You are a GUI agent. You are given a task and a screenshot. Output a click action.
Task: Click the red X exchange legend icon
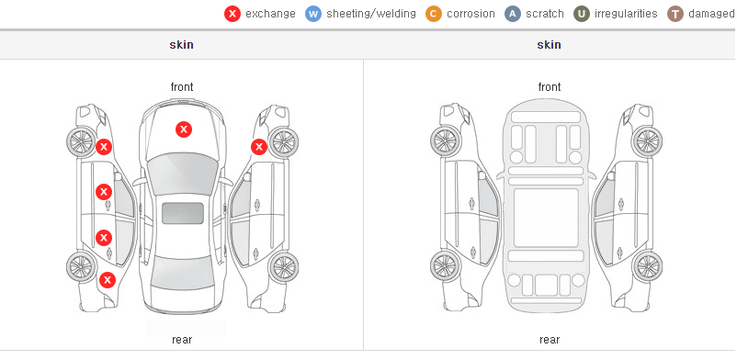232,14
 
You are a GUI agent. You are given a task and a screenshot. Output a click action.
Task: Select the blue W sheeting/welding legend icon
313,14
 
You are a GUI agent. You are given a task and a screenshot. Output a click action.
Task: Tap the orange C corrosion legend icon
434,14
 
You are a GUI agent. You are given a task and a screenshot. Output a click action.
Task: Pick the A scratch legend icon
513,14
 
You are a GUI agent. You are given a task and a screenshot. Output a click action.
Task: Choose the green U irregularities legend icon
582,14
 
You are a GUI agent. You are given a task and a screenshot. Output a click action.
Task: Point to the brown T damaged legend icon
675,14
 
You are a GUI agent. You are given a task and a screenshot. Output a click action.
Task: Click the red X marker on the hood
184,129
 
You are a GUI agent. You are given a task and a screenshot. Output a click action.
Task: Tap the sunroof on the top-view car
183,213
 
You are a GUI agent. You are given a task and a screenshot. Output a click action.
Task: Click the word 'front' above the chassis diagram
550,87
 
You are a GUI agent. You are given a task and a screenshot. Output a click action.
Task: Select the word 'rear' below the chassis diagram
550,340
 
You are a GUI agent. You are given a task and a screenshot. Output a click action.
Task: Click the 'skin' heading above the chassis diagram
549,45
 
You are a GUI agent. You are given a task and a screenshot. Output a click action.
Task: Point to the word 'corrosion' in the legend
471,14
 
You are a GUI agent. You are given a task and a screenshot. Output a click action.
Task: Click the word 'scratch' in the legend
545,14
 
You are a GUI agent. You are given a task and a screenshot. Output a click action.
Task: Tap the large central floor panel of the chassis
546,218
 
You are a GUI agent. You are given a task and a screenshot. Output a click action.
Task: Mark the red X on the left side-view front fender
104,147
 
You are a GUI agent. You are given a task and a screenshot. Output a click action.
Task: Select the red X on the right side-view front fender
259,147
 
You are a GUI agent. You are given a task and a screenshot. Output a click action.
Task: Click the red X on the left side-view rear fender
108,281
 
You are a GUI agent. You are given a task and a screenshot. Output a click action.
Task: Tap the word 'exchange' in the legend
270,14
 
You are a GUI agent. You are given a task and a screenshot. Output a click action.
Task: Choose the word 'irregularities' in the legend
626,14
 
